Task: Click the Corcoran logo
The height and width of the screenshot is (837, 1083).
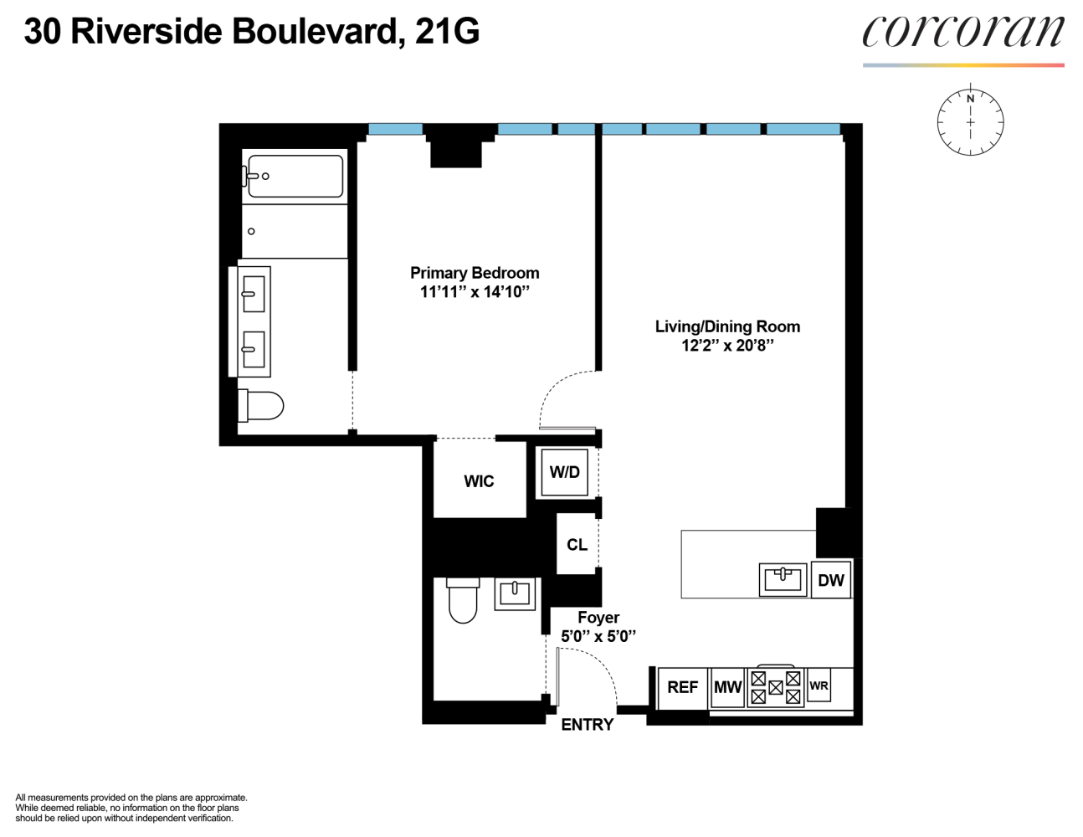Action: (962, 33)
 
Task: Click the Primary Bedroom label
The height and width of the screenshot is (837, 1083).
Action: (474, 273)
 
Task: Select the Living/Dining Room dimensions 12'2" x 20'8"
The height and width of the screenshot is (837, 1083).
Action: (726, 346)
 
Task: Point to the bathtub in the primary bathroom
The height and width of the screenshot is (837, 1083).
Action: (295, 176)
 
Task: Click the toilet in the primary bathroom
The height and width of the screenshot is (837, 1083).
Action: (261, 406)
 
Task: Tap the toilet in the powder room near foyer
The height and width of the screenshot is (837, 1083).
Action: (463, 600)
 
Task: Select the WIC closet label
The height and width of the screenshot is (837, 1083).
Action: (479, 481)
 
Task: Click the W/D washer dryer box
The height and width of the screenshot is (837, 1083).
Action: (564, 473)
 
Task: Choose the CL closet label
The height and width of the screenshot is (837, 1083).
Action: (577, 545)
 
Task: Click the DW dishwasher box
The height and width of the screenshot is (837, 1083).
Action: (830, 580)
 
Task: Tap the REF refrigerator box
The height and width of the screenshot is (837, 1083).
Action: (682, 687)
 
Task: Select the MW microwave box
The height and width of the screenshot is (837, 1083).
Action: (727, 687)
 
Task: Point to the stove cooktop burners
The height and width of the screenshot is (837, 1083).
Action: (775, 687)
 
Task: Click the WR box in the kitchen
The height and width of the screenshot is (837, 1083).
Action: (819, 686)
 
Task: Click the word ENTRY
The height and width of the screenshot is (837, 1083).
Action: (587, 725)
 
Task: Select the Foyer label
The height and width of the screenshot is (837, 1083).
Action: (598, 618)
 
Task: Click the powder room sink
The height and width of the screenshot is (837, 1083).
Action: (514, 593)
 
